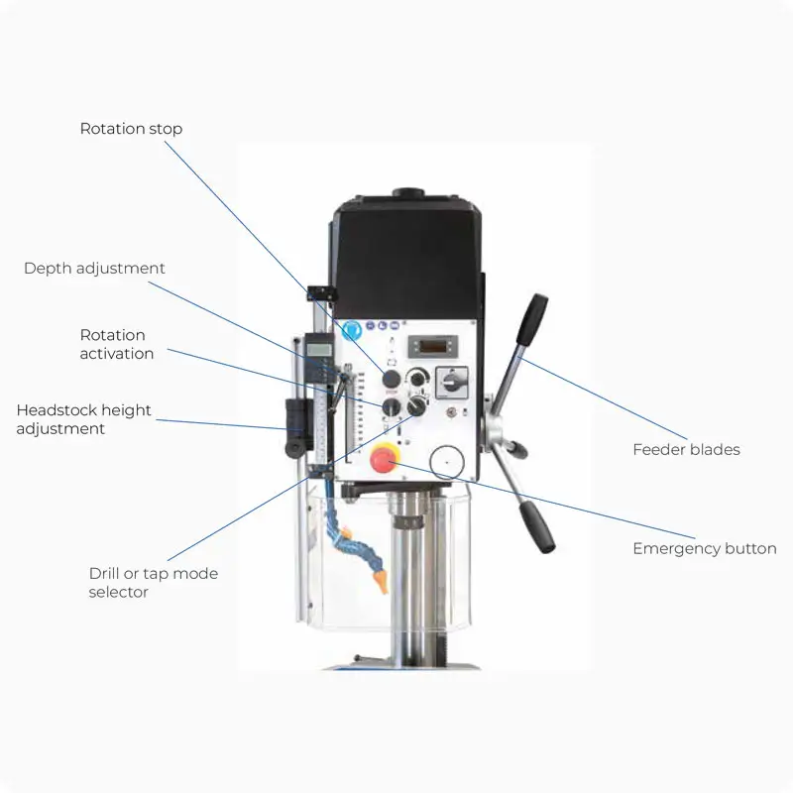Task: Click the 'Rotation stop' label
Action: tap(131, 129)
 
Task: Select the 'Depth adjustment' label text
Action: tap(94, 268)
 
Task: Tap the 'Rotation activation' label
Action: tap(117, 344)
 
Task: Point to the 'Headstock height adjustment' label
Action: tap(83, 419)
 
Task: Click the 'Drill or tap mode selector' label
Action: tap(154, 583)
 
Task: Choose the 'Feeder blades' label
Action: tap(686, 450)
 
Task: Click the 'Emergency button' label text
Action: tap(705, 549)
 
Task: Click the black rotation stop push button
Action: tap(392, 379)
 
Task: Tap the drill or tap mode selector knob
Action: tap(416, 405)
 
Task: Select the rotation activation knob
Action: tap(392, 406)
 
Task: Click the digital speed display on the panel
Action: tap(433, 346)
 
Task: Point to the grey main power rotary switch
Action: tap(452, 383)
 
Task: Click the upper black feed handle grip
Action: tap(532, 318)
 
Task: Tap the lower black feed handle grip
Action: tap(537, 527)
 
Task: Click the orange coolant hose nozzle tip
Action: tap(382, 582)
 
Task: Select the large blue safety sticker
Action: tap(352, 330)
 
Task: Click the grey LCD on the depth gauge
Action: tap(318, 350)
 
